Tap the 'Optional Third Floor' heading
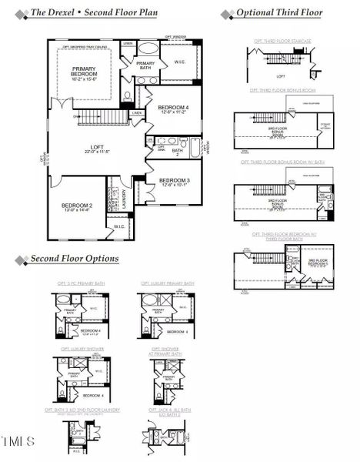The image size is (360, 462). (x=278, y=13)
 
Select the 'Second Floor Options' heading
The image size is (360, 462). (x=74, y=259)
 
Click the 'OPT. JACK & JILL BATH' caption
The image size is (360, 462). (x=165, y=413)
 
